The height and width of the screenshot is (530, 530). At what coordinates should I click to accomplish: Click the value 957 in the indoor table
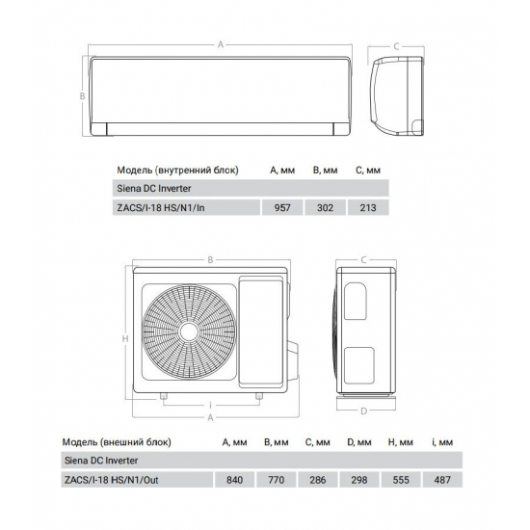point(282,206)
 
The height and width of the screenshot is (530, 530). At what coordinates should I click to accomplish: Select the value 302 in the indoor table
point(324,206)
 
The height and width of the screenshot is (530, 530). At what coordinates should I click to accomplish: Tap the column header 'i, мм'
point(441,442)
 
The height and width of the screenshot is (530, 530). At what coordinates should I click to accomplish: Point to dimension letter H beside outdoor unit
point(126,339)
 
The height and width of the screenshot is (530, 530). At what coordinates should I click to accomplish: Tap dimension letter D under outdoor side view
point(363,411)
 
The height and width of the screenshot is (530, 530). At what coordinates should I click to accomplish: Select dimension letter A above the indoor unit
point(221,43)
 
